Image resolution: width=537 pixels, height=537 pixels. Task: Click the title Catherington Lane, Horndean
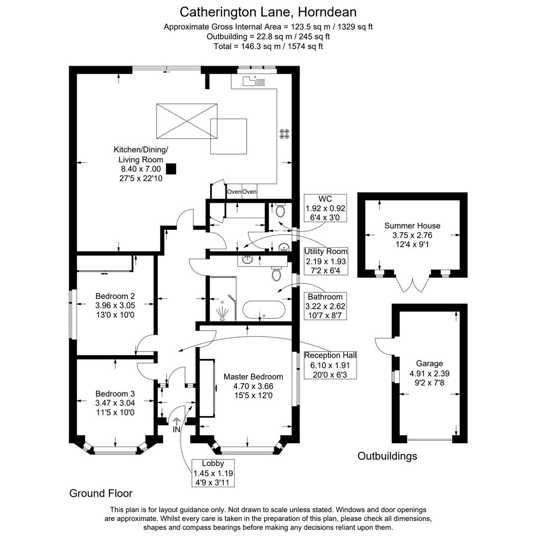coord(268,11)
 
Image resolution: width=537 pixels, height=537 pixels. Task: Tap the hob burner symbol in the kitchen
coord(284,133)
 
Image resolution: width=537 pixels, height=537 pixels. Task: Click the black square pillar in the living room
coord(171,169)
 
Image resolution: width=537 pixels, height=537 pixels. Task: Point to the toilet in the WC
coord(280,211)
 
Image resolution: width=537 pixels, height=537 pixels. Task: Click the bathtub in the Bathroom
coord(264,310)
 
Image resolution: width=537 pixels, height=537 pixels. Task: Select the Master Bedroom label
coord(253,376)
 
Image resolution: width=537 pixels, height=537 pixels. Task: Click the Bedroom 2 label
coord(115,296)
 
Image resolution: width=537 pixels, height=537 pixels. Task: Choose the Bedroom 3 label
coord(115,394)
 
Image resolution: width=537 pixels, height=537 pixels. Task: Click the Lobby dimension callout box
coord(213,473)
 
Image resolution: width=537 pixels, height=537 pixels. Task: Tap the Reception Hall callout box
coord(330,364)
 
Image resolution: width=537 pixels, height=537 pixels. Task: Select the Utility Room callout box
coord(326,261)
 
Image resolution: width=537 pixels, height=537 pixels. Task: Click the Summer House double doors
coord(413,284)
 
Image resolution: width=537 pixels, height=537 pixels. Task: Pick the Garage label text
coord(429,363)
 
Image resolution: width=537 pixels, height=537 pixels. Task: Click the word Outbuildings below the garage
coord(387,456)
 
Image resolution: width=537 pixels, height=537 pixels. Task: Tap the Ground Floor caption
coord(101,493)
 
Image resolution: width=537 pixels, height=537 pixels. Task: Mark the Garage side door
coord(383,347)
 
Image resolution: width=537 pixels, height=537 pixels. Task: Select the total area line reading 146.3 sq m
coord(268,46)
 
